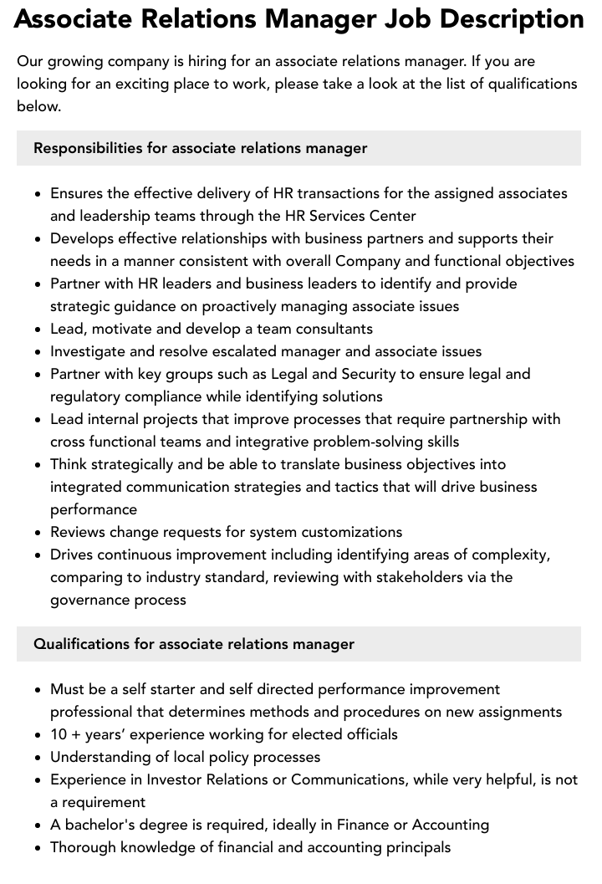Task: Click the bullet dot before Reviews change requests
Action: click(x=38, y=533)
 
